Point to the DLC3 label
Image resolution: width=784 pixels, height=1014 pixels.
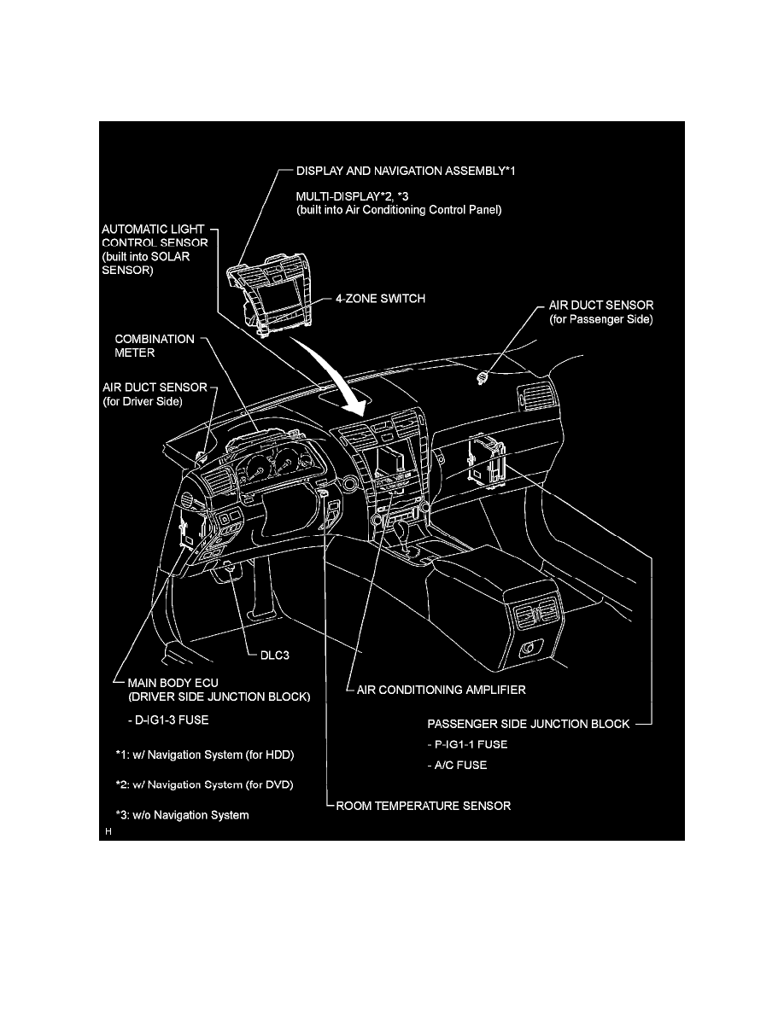[278, 657]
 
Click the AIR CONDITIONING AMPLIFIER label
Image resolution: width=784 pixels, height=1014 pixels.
[441, 690]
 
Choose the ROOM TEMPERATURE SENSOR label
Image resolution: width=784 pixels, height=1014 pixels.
[424, 806]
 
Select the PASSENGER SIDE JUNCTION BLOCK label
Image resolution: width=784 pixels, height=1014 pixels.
[528, 724]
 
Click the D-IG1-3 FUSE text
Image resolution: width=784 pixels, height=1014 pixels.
[168, 720]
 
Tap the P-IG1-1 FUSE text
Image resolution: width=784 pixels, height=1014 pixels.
[467, 744]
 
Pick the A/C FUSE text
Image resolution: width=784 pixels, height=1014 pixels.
[457, 766]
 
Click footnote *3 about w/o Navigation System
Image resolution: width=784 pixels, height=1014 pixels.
[182, 815]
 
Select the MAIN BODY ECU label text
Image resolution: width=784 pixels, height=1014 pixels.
[173, 682]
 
